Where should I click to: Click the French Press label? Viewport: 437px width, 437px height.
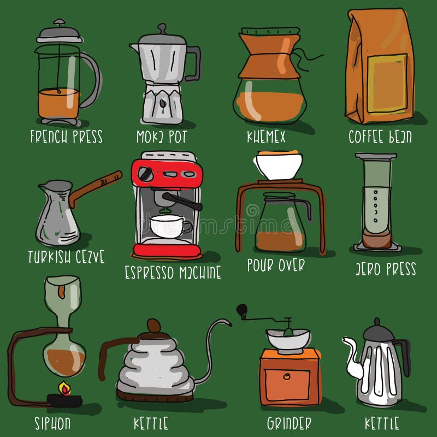[x=66, y=136]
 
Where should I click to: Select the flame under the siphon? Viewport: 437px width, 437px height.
[x=65, y=389]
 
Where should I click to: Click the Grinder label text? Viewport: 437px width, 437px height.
[x=289, y=423]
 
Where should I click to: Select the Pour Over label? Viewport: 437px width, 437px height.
[x=276, y=265]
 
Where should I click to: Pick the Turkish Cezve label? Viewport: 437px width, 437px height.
[x=66, y=257]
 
